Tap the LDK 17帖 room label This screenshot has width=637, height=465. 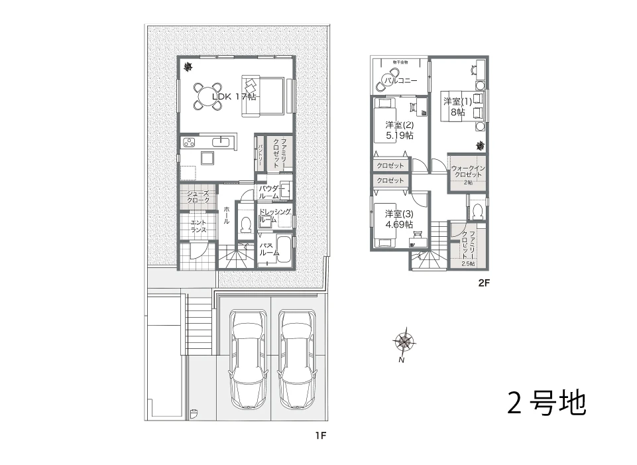pos(234,96)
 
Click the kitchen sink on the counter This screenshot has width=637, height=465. pos(220,141)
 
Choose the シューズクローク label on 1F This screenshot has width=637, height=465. pos(198,196)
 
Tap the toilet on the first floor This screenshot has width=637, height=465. pos(245,226)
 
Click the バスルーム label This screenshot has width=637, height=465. pos(268,249)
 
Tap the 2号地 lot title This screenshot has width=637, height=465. pos(547,403)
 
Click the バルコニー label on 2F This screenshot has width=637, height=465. pos(401,81)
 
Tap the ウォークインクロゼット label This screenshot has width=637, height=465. pos(468,172)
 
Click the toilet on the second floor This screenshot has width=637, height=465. pos(477,211)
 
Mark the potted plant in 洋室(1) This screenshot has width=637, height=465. pos(479,145)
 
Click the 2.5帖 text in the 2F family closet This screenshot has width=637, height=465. pos(468,263)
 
